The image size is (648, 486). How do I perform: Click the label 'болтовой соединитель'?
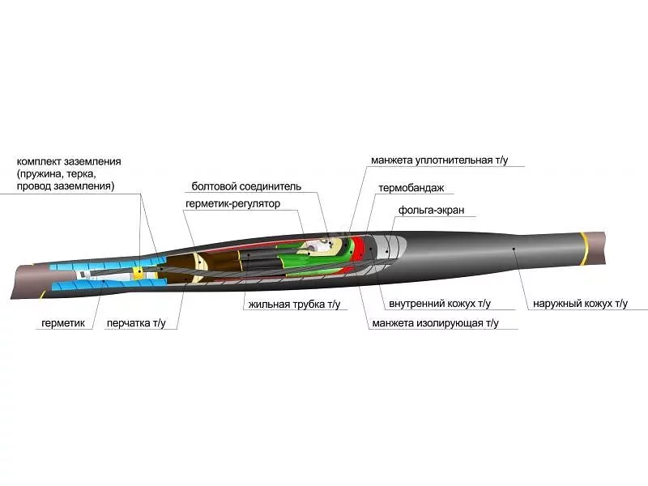point(246,186)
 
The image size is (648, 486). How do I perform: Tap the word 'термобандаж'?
point(411,188)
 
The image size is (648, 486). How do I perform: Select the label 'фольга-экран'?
point(431,210)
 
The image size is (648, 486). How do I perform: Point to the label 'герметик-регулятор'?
point(232,204)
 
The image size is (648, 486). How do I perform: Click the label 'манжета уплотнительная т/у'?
point(439,160)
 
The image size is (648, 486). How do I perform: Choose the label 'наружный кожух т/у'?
point(580,304)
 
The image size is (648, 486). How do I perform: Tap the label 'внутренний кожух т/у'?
point(440,304)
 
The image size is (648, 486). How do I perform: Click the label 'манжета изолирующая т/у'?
point(435,323)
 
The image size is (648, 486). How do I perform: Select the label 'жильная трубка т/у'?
point(294,305)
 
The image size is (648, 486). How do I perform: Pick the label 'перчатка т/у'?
point(136,323)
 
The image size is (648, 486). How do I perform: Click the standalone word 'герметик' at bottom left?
point(63,323)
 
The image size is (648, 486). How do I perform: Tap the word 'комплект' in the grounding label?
point(38,161)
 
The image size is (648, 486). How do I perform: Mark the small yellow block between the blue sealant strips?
point(139,272)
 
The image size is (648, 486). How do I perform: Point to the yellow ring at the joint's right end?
point(584,249)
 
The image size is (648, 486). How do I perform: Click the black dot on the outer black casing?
point(514,249)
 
